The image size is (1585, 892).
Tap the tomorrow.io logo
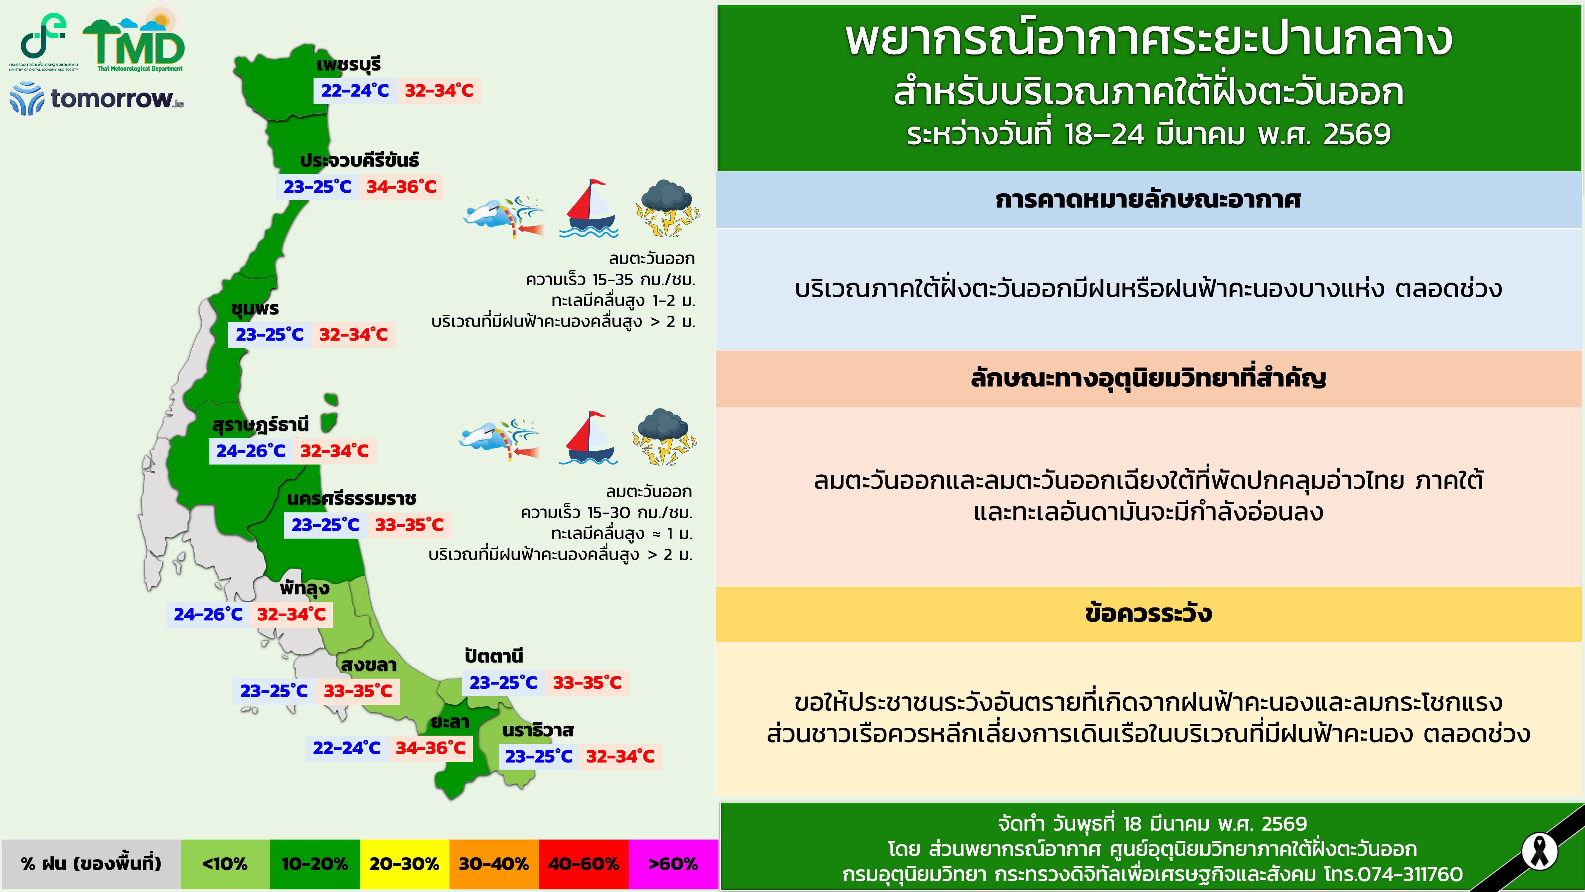click(97, 98)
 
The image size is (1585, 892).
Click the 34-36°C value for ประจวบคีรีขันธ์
click(401, 187)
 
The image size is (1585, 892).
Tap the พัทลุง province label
click(305, 588)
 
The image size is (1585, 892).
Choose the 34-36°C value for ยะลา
click(430, 748)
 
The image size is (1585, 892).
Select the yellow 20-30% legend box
click(404, 864)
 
